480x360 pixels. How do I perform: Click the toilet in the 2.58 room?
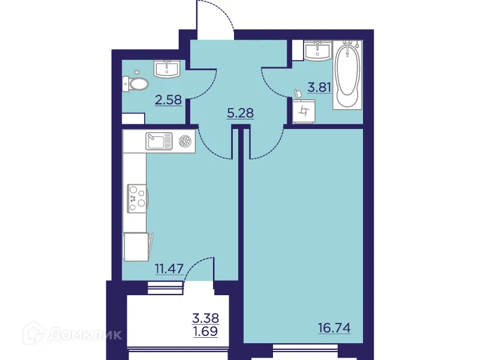coord(136,83)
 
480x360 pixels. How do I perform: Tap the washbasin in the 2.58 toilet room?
coord(167,69)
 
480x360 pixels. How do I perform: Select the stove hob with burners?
coord(137,197)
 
